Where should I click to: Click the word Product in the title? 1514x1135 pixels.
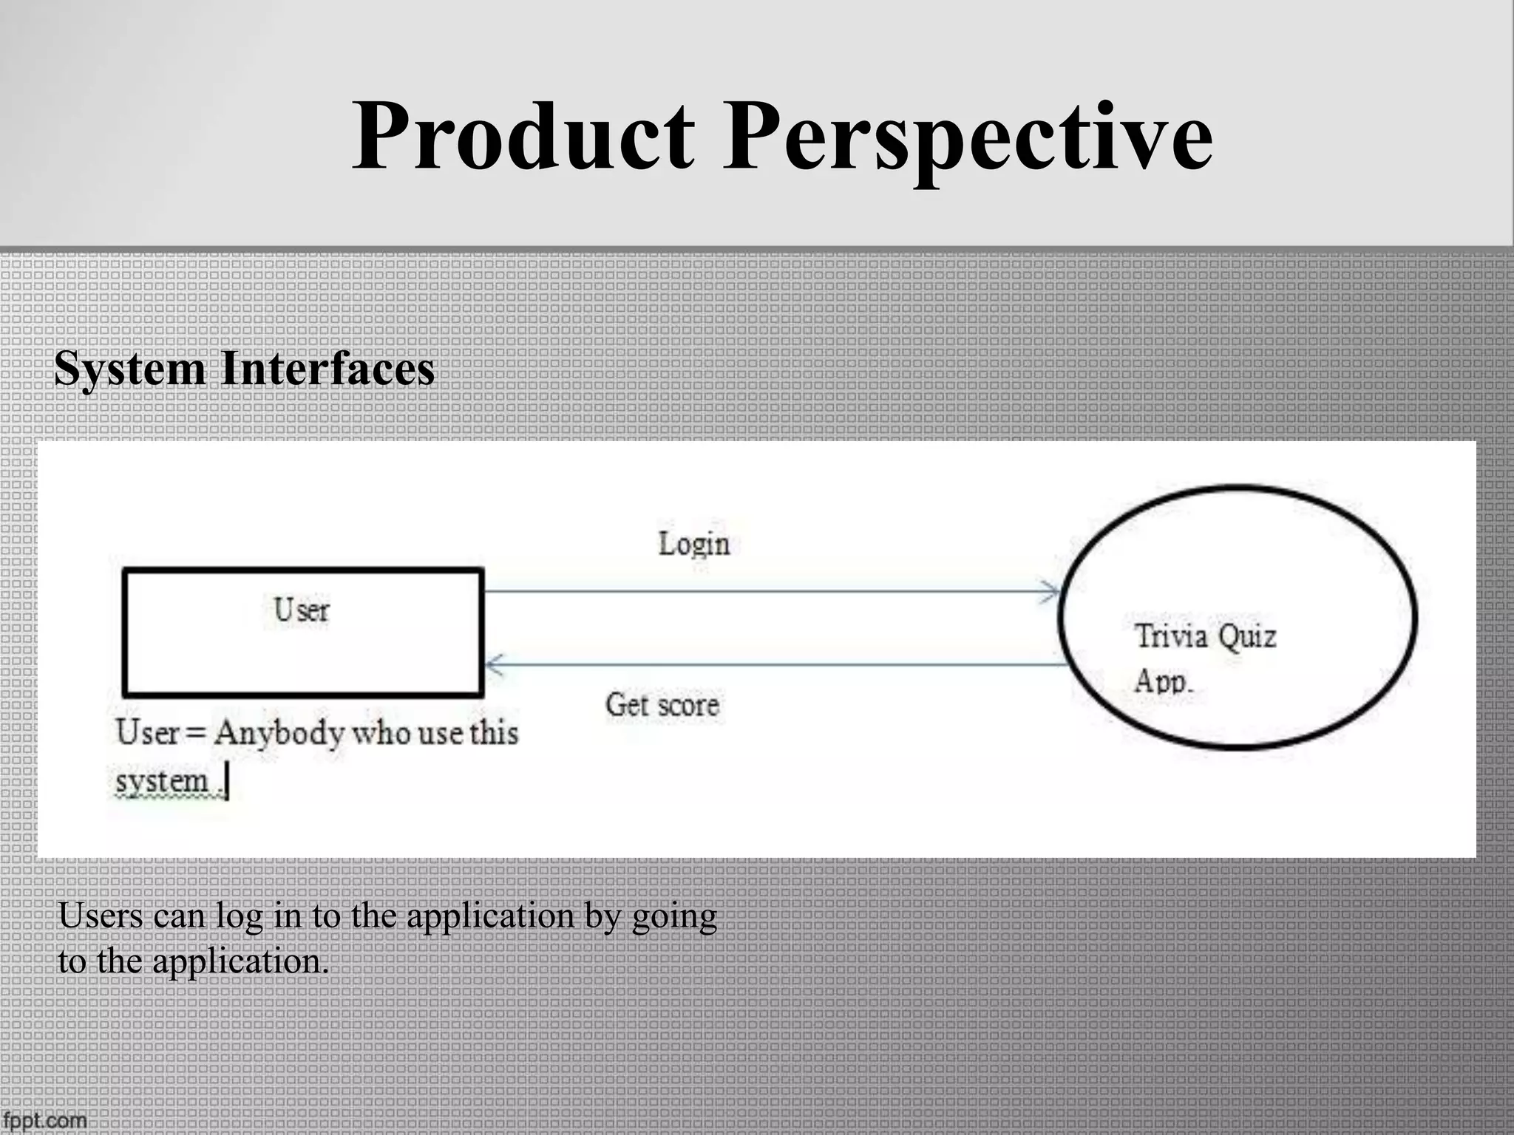[523, 137]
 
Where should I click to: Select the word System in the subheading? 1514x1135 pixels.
[130, 369]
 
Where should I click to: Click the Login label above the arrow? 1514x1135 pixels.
[693, 544]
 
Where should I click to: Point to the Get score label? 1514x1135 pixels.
[662, 704]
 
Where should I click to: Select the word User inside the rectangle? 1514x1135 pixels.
[302, 610]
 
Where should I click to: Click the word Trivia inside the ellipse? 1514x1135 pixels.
[1171, 636]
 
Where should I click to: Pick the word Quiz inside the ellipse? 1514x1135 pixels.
[1247, 636]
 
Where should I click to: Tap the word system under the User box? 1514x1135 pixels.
[162, 781]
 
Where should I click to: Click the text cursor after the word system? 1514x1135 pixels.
[228, 783]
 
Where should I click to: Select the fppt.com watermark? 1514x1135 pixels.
[44, 1120]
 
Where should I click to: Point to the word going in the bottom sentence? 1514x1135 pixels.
[674, 917]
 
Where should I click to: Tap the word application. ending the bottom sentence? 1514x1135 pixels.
[240, 961]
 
